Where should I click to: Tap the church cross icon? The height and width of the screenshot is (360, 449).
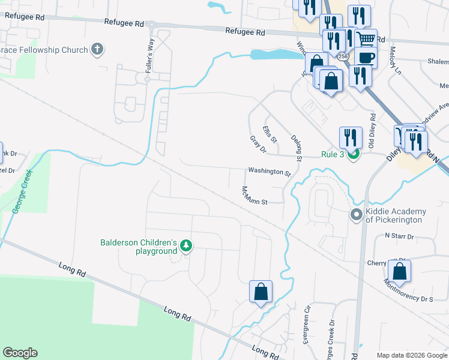[97, 49]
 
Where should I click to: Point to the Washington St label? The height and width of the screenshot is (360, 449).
[270, 172]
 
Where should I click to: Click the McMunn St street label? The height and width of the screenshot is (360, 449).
[254, 195]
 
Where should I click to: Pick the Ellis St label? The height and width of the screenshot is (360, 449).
[270, 134]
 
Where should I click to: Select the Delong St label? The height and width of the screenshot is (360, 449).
[295, 147]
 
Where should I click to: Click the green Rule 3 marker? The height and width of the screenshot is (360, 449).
[353, 155]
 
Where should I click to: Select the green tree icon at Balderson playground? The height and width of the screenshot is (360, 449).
[186, 245]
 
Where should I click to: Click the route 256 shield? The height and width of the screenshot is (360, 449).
[342, 56]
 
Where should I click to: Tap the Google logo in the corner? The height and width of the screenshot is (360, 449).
[20, 353]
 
